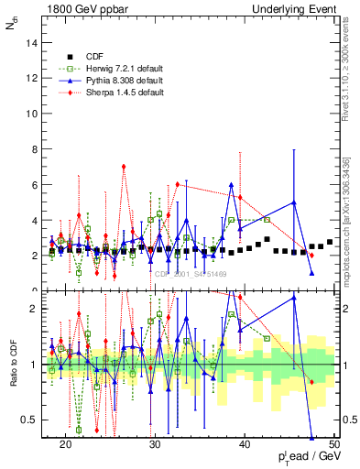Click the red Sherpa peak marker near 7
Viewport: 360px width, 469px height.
(124, 167)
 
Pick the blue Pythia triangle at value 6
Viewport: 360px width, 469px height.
(232, 185)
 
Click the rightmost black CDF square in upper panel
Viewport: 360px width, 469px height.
(330, 242)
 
